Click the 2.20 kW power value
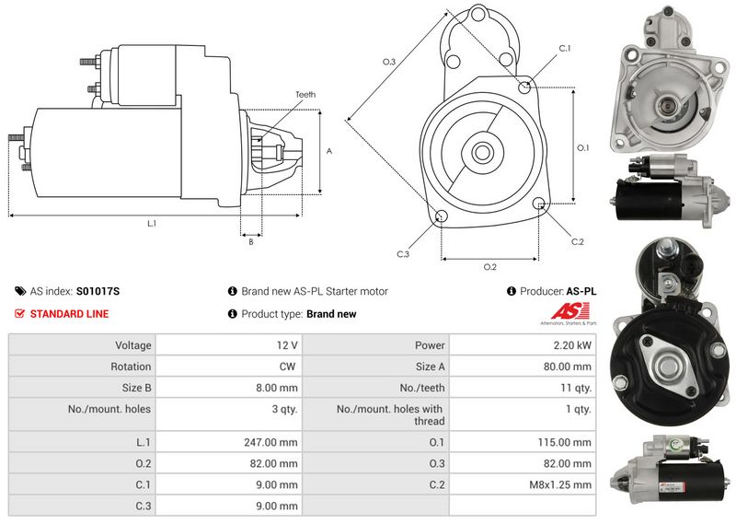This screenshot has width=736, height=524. [x=572, y=345]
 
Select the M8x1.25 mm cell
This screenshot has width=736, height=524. [x=560, y=484]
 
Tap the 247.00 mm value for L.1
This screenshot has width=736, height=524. [x=270, y=442]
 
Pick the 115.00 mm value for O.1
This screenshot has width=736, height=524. [x=565, y=442]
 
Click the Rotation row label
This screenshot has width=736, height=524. [x=131, y=367]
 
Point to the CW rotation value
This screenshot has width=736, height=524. [x=287, y=367]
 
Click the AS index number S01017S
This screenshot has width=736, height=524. [x=98, y=291]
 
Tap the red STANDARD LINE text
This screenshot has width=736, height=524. [x=70, y=314]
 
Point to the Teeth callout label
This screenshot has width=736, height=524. [x=305, y=95]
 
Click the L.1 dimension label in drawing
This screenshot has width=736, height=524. [x=152, y=224]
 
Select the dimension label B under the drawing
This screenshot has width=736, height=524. [x=251, y=242]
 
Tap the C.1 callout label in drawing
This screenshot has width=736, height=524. [x=565, y=49]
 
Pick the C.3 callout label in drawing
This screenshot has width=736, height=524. [x=403, y=254]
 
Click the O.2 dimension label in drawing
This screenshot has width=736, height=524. [x=490, y=267]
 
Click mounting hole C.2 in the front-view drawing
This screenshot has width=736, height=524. [x=538, y=203]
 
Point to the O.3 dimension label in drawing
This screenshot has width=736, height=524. [x=389, y=62]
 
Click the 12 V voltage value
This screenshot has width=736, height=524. [x=287, y=345]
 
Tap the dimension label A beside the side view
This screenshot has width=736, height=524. [x=329, y=151]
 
